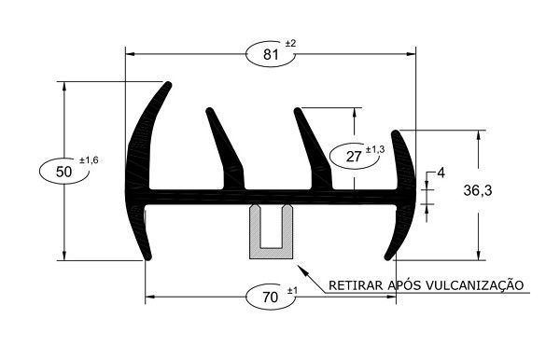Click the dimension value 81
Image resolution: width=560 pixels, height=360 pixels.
(x=271, y=55)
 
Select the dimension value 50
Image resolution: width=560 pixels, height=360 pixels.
(x=63, y=172)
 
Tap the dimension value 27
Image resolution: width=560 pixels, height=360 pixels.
(x=354, y=157)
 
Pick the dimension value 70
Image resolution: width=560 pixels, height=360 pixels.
(x=270, y=297)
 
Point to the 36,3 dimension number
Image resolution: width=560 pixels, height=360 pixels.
(x=478, y=190)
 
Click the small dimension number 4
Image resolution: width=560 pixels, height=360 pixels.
(x=441, y=173)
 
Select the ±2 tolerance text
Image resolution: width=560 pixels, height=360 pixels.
(x=290, y=44)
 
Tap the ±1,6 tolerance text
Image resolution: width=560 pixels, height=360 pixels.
(x=89, y=160)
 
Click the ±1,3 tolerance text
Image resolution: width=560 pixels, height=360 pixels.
(x=375, y=149)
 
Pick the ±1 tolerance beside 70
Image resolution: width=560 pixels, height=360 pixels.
(x=292, y=291)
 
